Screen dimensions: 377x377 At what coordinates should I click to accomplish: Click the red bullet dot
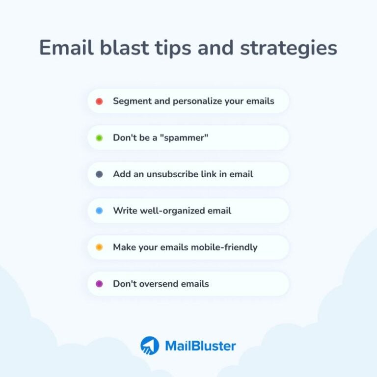(x=99, y=102)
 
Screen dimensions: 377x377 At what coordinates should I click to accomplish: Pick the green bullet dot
(x=99, y=138)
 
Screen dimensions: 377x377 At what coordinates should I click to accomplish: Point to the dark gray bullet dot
(x=99, y=174)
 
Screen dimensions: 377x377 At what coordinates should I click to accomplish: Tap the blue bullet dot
(x=99, y=211)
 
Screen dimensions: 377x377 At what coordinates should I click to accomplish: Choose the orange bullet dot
(x=99, y=247)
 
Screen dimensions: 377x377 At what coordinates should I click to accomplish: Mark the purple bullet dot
(x=99, y=284)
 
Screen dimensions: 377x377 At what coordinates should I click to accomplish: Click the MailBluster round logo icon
(x=149, y=346)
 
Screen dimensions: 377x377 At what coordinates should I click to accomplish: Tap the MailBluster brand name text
(x=200, y=346)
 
